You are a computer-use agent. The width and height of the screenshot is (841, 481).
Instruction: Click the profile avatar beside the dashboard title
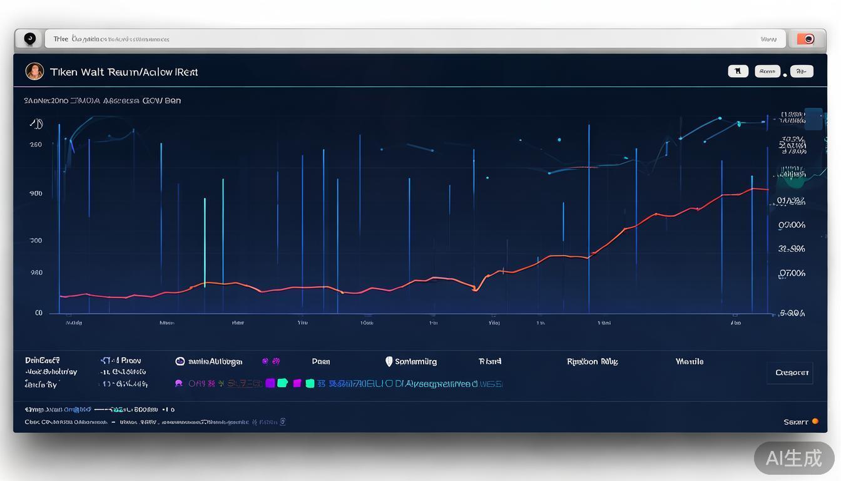34,71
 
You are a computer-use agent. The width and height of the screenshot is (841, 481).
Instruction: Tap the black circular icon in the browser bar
29,39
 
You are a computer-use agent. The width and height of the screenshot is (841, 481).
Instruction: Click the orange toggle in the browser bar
805,39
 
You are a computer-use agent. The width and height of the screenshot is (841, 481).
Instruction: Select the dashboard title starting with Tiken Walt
124,72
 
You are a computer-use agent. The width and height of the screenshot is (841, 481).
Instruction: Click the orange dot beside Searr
815,422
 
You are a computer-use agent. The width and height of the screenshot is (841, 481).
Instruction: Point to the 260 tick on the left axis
36,145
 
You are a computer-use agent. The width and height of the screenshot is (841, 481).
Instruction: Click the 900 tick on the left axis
36,194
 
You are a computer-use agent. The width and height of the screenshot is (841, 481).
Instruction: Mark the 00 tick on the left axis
39,313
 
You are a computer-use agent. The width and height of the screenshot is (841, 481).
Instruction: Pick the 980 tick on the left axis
36,272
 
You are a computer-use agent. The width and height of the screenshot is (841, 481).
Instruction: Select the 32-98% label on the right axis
792,249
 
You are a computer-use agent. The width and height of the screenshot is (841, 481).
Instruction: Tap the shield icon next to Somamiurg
389,361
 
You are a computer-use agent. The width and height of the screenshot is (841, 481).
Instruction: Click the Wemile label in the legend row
689,361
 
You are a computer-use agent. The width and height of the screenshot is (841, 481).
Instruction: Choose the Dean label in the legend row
321,361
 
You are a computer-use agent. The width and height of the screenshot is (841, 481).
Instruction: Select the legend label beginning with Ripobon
591,361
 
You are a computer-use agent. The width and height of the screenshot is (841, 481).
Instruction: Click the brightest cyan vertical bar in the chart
205,241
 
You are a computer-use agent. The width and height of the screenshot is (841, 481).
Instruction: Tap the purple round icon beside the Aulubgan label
180,361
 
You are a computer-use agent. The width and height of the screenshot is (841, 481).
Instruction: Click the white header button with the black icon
738,71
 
